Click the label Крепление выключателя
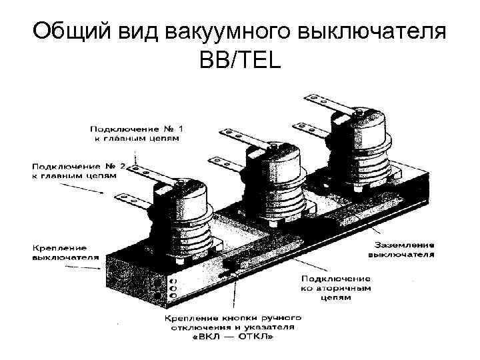click(65, 251)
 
